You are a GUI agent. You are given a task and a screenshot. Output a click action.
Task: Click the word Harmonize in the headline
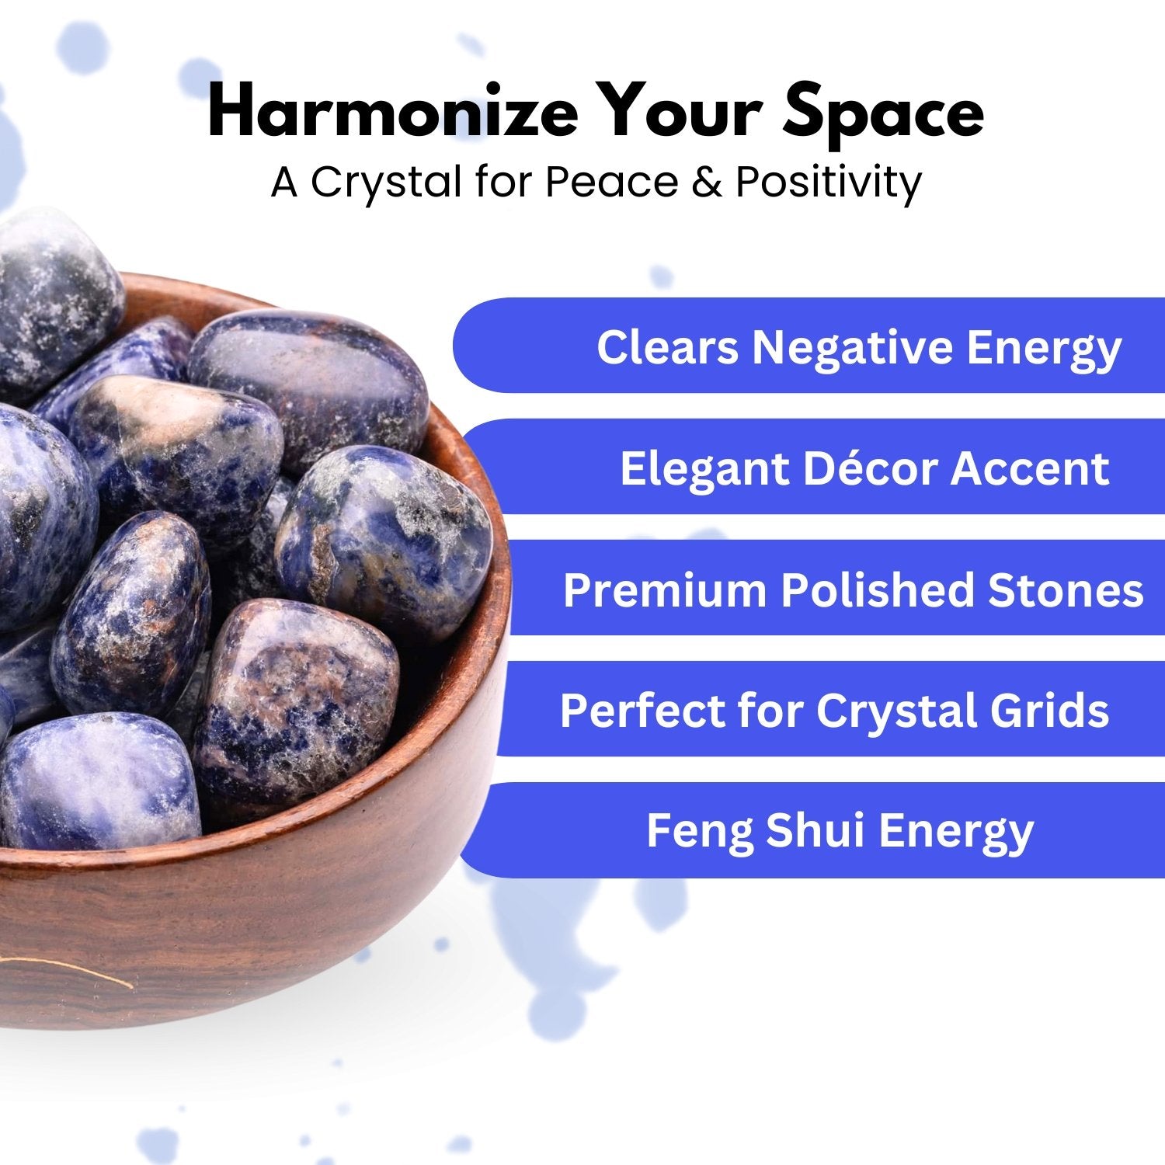[393, 113]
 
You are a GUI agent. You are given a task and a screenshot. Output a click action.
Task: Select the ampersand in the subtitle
[704, 183]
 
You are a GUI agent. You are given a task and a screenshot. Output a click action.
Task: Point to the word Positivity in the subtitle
[829, 183]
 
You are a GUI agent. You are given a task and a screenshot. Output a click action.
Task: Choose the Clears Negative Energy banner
[809, 345]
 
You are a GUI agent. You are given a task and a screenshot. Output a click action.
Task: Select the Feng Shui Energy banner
[812, 830]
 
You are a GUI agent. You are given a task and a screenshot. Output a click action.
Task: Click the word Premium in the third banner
[666, 589]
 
